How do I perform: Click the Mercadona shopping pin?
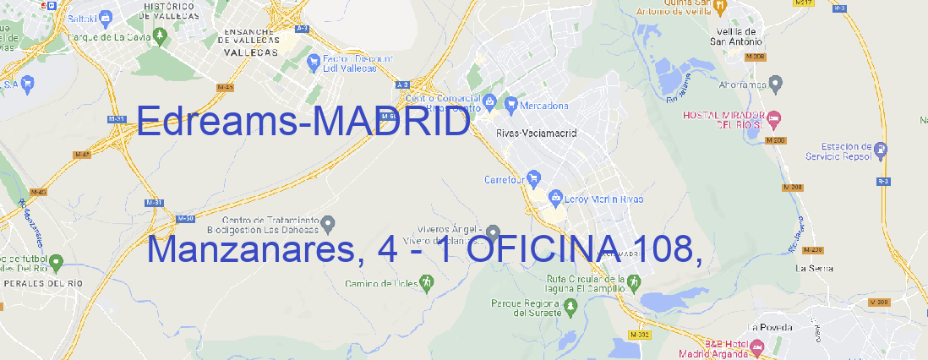(x=510, y=105)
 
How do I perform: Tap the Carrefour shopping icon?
(x=535, y=178)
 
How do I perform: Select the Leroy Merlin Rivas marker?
(x=555, y=199)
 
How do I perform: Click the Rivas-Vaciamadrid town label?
(x=536, y=133)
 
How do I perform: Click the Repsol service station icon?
(x=882, y=150)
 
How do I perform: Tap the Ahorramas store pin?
(x=777, y=83)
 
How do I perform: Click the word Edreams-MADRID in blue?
(x=303, y=123)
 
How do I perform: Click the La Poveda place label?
(x=772, y=326)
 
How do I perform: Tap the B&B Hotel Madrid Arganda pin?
(x=757, y=346)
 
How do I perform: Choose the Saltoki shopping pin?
(x=105, y=16)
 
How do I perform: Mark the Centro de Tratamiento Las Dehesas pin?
(x=329, y=222)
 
